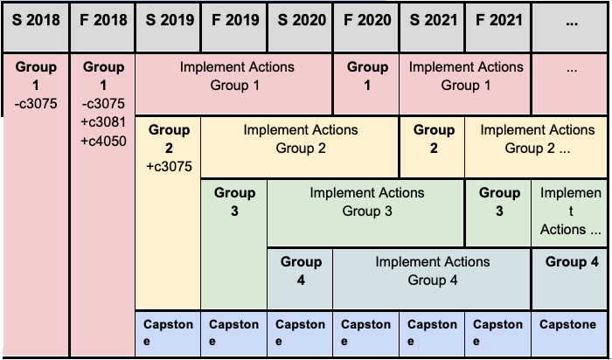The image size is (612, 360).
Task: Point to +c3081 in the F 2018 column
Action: click(x=103, y=122)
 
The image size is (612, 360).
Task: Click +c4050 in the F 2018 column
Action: click(x=103, y=141)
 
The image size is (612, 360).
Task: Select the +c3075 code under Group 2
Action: click(x=169, y=167)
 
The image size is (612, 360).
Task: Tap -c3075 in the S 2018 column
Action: click(x=36, y=104)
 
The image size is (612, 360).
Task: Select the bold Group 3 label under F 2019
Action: click(x=234, y=202)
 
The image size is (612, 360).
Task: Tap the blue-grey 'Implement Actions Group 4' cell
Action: click(x=432, y=279)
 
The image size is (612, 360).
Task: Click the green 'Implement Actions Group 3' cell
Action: click(x=366, y=213)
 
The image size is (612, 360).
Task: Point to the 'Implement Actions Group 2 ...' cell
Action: click(x=536, y=148)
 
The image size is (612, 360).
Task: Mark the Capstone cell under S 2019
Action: click(x=168, y=334)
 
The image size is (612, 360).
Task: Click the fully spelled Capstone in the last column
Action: click(x=568, y=324)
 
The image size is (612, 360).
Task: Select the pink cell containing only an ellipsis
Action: click(x=569, y=84)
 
